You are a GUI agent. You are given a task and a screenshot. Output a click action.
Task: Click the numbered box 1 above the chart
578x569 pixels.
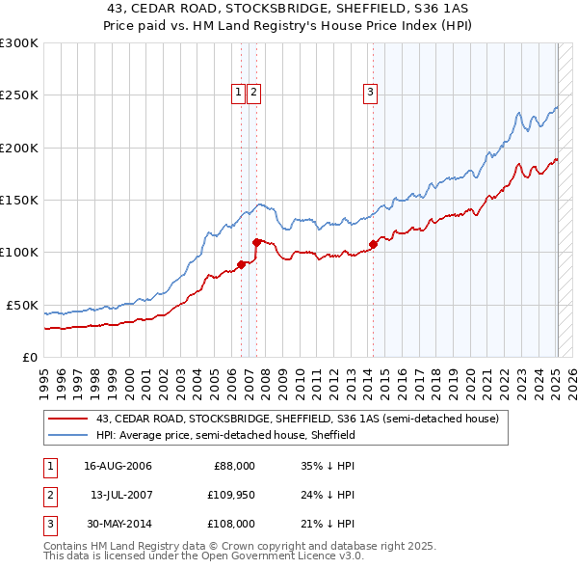tap(238, 93)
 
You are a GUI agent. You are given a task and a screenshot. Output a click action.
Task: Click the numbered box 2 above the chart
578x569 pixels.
tap(253, 93)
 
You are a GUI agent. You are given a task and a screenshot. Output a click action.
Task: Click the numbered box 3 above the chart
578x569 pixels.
tap(370, 93)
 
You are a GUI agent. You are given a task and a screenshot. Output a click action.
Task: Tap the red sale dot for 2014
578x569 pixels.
tap(373, 244)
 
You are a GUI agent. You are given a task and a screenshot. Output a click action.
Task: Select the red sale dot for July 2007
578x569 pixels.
tap(256, 242)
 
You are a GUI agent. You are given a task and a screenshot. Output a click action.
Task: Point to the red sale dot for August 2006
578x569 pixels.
tap(241, 265)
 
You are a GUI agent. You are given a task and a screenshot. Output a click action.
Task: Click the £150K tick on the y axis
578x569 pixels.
tap(18, 201)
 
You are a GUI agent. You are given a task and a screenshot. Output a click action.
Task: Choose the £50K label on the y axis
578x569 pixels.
tap(21, 305)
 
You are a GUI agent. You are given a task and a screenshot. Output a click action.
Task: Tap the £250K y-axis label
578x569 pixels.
tap(18, 95)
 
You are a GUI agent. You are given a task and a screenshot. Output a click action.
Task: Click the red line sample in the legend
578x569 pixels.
tap(67, 420)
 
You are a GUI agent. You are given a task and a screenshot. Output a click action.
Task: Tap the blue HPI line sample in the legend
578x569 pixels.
tap(67, 435)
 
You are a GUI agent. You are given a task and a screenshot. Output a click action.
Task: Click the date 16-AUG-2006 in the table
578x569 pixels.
tap(118, 466)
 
